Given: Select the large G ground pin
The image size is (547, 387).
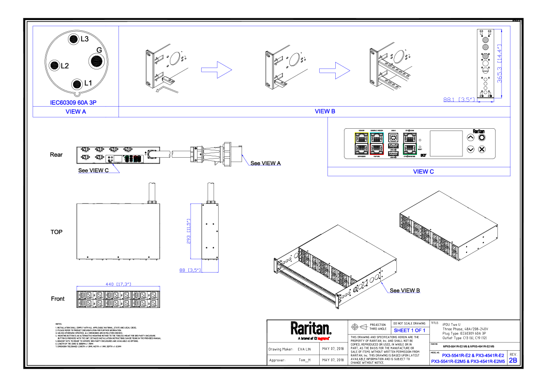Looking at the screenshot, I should tap(97, 61).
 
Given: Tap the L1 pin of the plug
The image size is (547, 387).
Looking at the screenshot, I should tap(77, 83).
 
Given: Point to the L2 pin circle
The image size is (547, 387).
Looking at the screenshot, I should tap(55, 65).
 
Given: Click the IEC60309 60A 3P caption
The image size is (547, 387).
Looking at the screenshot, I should tap(73, 102).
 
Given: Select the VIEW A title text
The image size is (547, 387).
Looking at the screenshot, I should tap(76, 112).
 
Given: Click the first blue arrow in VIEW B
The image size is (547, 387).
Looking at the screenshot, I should tap(216, 70).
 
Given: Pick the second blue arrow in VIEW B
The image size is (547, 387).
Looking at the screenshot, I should tap(334, 70).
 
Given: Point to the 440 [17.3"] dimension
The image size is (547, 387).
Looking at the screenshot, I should tap(118, 285).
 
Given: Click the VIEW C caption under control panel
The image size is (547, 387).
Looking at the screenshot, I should tap(423, 171).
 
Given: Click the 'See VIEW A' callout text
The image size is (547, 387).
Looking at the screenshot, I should tap(265, 163).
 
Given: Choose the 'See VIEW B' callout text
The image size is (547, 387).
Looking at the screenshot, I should tap(405, 290).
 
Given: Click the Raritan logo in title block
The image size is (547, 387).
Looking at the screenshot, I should tap(310, 329).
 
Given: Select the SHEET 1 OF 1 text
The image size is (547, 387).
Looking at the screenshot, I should tap(409, 330).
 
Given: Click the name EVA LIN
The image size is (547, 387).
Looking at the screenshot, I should tap(305, 349).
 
